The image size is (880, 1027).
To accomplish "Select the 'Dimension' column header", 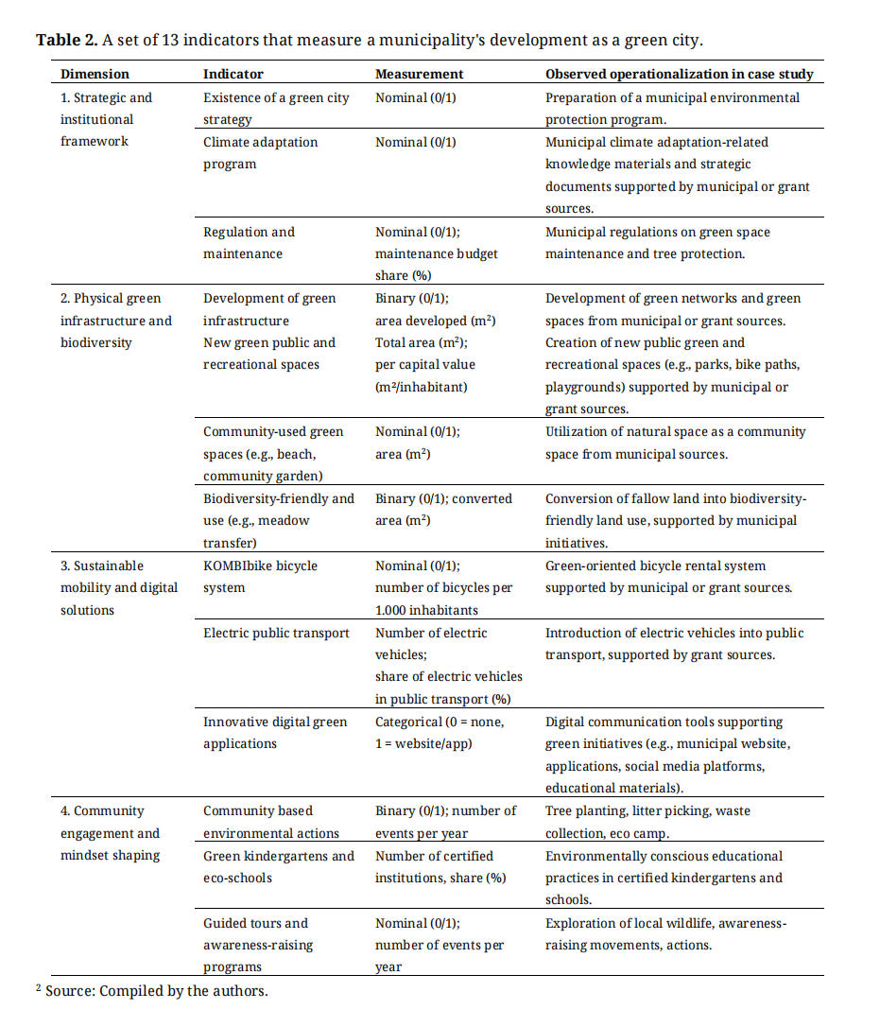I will (x=95, y=74).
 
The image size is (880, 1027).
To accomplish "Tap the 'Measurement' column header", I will (x=419, y=74).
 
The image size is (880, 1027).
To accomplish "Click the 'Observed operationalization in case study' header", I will (x=679, y=74).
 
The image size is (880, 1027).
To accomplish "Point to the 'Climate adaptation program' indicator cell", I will (x=260, y=153).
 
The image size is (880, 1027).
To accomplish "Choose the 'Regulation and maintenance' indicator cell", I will (x=249, y=243).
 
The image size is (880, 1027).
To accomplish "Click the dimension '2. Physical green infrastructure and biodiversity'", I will (x=115, y=321).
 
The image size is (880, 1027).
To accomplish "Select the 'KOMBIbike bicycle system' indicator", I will (x=260, y=577).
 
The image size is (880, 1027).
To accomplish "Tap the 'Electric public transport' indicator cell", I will (x=276, y=633).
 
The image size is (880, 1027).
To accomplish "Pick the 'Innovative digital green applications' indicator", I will (x=275, y=733).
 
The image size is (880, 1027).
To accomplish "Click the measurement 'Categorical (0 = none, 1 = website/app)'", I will (x=440, y=733).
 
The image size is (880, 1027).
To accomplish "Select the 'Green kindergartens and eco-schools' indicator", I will (x=278, y=867).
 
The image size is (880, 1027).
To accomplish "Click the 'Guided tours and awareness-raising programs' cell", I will (x=257, y=945).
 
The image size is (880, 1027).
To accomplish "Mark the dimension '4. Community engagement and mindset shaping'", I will (x=110, y=833).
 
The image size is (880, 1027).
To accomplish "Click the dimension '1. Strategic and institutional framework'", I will (x=106, y=119).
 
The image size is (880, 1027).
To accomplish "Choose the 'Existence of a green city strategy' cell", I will (x=275, y=109).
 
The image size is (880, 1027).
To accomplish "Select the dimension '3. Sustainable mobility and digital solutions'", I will (x=118, y=587).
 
